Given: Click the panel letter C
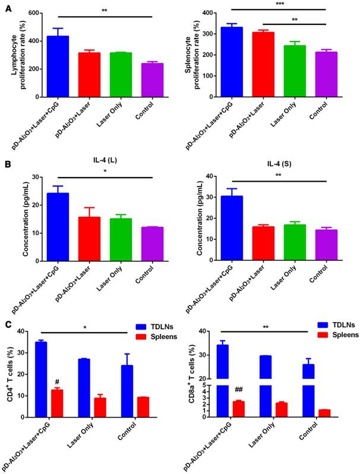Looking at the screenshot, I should (x=7, y=324).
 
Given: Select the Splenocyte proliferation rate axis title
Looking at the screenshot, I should (x=191, y=54).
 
